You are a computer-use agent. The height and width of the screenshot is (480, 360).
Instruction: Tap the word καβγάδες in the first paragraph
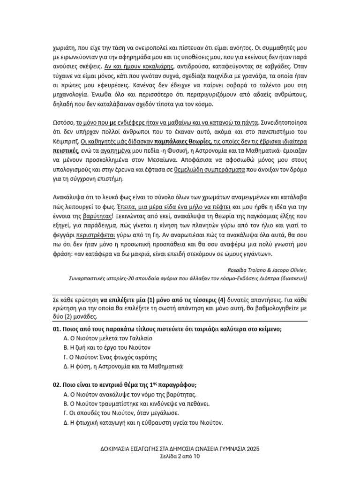[293, 67]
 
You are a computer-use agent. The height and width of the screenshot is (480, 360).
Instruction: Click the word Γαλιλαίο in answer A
[138, 338]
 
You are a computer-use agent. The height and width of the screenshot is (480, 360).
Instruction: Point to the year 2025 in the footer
[252, 449]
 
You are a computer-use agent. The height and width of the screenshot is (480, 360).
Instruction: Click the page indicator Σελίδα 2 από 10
[180, 457]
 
